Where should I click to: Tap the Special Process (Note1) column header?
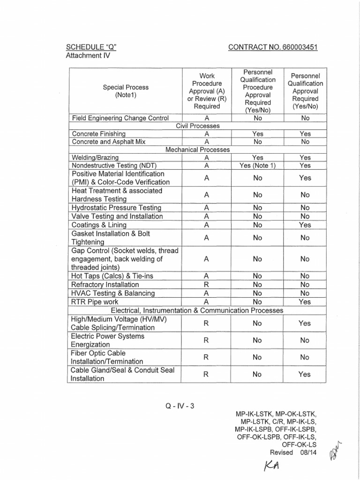(125, 91)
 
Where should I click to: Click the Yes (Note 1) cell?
(257, 165)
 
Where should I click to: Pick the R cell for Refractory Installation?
(206, 285)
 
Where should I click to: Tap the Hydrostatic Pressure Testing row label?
(116, 208)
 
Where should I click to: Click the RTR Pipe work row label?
(94, 302)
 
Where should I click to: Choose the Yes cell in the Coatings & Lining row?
(305, 225)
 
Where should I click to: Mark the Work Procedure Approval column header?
(206, 91)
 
